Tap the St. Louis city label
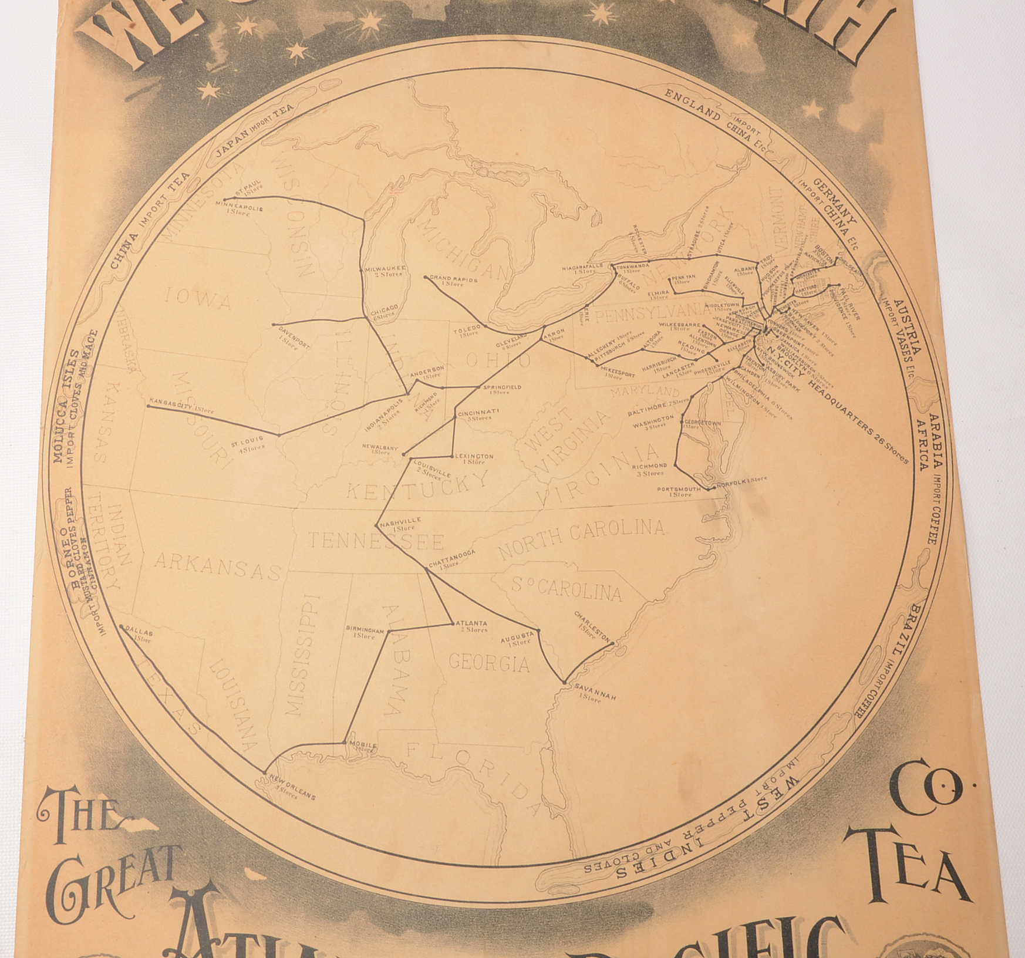coord(247,440)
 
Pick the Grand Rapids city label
coord(454,279)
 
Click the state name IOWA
coord(198,301)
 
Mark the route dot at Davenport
coord(274,325)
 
